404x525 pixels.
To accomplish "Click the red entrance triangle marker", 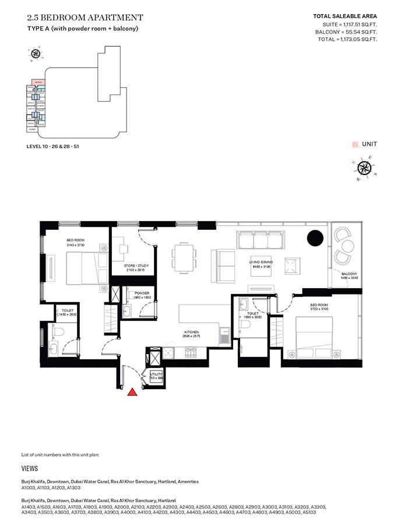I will coord(133,393).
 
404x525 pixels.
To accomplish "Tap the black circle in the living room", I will coord(315,238).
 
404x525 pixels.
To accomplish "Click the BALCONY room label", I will coord(349,274).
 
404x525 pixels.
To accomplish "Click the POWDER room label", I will coord(142,293).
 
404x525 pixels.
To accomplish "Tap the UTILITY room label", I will coord(156,373).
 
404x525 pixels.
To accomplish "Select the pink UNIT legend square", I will coord(354,143).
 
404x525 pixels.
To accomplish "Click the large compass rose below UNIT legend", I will coord(365,169).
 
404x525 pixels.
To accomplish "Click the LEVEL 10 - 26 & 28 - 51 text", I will coord(52,146).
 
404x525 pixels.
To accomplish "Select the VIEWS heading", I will coord(30,468).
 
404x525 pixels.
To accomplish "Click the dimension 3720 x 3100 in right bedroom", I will coord(320,308).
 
